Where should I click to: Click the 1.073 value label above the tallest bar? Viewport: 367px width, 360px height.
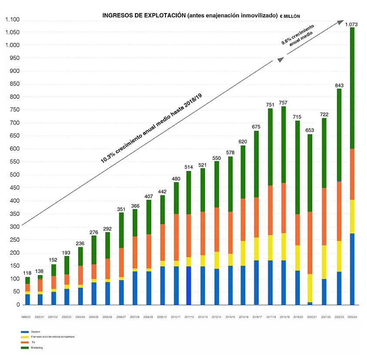[x=351, y=24]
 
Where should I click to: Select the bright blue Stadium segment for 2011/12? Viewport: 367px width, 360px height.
[x=188, y=285]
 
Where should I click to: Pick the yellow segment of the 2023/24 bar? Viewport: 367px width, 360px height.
[x=352, y=216]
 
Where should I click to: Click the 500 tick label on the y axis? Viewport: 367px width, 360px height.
[x=14, y=175]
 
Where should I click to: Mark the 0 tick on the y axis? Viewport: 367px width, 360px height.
[x=18, y=305]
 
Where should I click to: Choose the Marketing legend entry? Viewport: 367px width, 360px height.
[x=37, y=347]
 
